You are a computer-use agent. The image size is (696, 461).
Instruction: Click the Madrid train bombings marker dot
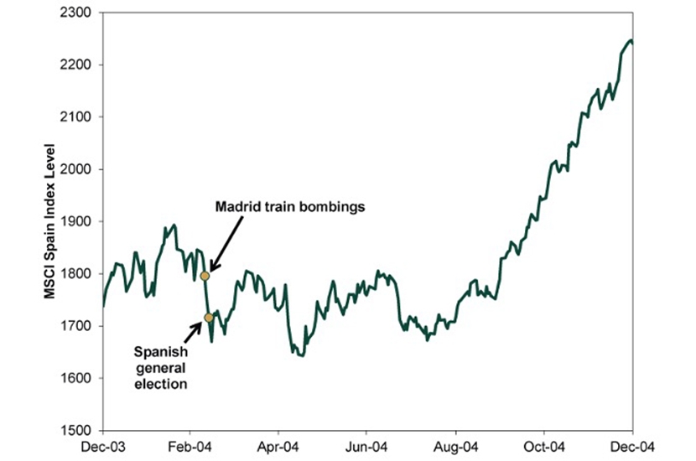click(x=205, y=275)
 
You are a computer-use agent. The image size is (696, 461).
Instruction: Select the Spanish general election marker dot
click(x=208, y=317)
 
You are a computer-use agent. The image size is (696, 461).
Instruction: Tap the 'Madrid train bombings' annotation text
click(x=289, y=206)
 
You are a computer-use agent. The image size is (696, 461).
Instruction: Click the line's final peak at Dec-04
click(x=630, y=40)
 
